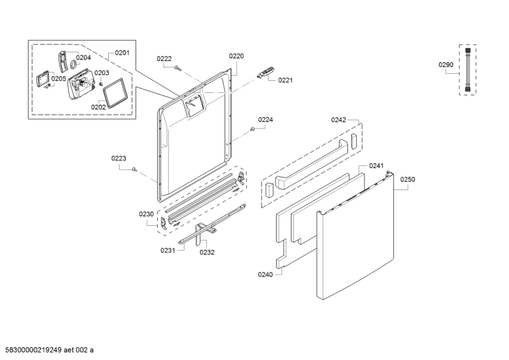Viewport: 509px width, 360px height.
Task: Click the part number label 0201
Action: [x=122, y=53]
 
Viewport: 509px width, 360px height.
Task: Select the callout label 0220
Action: [x=236, y=56]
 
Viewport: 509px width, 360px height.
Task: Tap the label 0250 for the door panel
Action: [x=407, y=179]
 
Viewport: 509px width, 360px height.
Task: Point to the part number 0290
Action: [x=446, y=65]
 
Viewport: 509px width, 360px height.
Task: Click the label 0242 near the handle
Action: [x=338, y=120]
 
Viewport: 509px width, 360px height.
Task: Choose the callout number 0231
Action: [x=168, y=250]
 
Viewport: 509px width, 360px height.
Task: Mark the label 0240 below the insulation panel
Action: [x=265, y=275]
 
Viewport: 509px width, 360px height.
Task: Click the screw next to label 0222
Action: [x=178, y=68]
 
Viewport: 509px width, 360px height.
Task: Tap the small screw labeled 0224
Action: [x=252, y=130]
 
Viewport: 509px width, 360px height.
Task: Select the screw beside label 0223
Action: [x=134, y=169]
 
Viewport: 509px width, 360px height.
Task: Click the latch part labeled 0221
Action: [x=266, y=72]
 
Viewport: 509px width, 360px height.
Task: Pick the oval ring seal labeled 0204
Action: [x=73, y=65]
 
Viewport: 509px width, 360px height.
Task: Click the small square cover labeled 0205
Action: [x=42, y=79]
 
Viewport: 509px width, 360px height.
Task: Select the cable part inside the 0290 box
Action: [x=468, y=70]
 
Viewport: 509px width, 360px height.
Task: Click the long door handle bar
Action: [x=312, y=165]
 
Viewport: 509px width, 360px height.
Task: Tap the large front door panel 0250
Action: [x=356, y=237]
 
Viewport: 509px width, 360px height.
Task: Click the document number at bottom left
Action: [x=47, y=350]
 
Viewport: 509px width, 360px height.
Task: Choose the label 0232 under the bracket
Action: [x=207, y=253]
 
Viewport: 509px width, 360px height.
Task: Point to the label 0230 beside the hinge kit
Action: [x=146, y=214]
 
